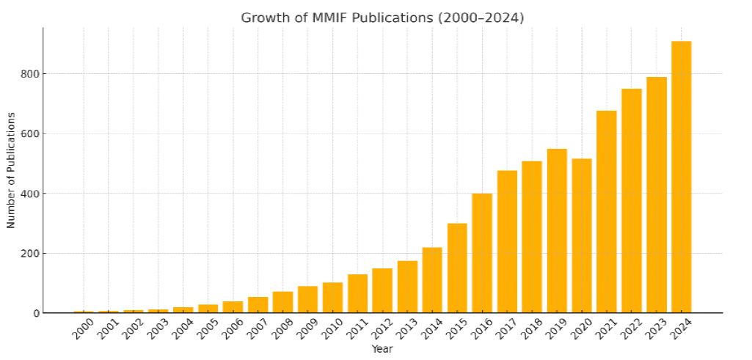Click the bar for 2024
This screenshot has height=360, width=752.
click(681, 177)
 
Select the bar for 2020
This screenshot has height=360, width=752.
click(582, 236)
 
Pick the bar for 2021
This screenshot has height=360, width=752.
click(607, 212)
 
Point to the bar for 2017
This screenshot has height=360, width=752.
click(507, 242)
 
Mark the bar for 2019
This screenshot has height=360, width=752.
click(557, 231)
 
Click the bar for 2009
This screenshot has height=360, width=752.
click(307, 300)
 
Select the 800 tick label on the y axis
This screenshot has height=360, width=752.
click(29, 74)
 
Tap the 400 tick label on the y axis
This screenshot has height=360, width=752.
click(29, 194)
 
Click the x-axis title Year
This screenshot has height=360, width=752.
click(382, 349)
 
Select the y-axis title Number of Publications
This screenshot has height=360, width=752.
click(11, 170)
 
